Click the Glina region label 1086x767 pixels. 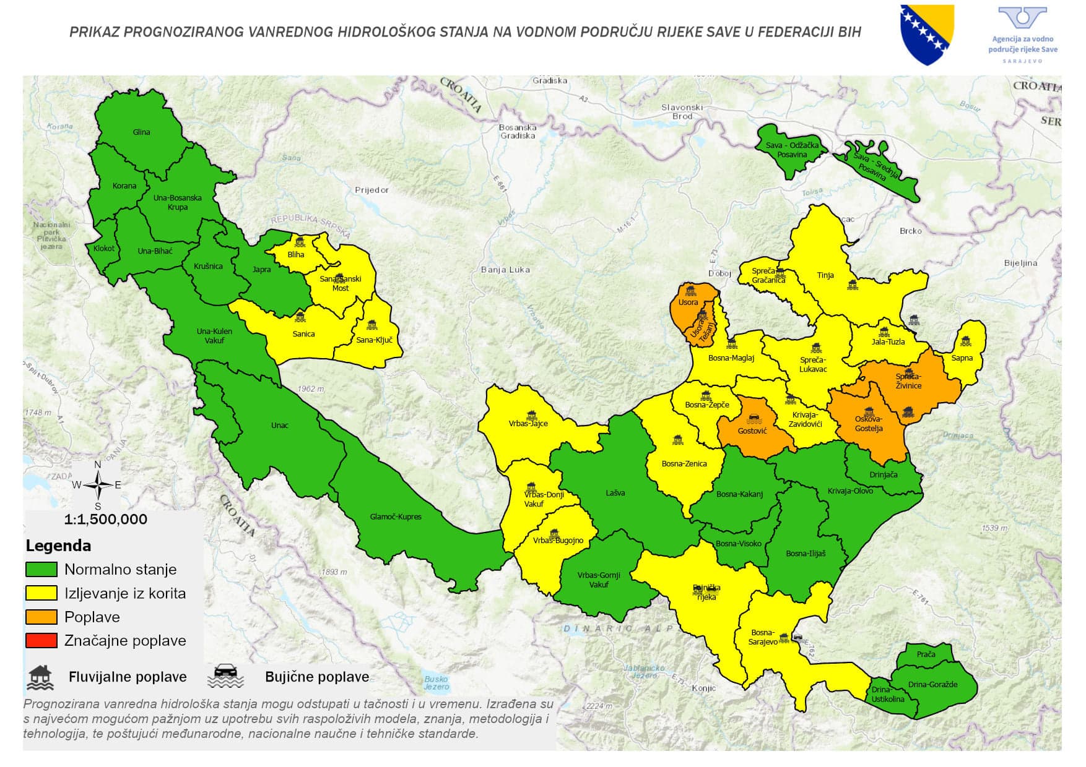[x=141, y=132]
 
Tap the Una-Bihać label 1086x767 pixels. [x=155, y=251]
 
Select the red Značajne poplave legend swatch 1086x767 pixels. [x=41, y=640]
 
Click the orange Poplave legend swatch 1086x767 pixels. [x=41, y=617]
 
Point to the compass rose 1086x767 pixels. [x=98, y=485]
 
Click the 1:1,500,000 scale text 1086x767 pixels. [x=106, y=519]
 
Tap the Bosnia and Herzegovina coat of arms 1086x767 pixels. [x=926, y=35]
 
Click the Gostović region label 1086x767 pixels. [x=752, y=431]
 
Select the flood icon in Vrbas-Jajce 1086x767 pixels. [x=531, y=414]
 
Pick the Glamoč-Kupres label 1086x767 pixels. [x=396, y=516]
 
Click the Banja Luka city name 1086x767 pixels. [x=505, y=269]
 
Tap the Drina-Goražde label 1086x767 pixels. [x=932, y=684]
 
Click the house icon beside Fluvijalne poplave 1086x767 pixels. [x=41, y=677]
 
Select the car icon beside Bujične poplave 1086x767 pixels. [x=225, y=677]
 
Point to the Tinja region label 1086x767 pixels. [x=825, y=275]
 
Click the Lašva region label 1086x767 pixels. [x=615, y=493]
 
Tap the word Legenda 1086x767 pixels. [x=58, y=546]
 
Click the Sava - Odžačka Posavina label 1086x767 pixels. [x=792, y=150]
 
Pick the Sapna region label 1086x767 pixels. [x=962, y=358]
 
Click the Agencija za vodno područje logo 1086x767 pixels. [x=1023, y=34]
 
